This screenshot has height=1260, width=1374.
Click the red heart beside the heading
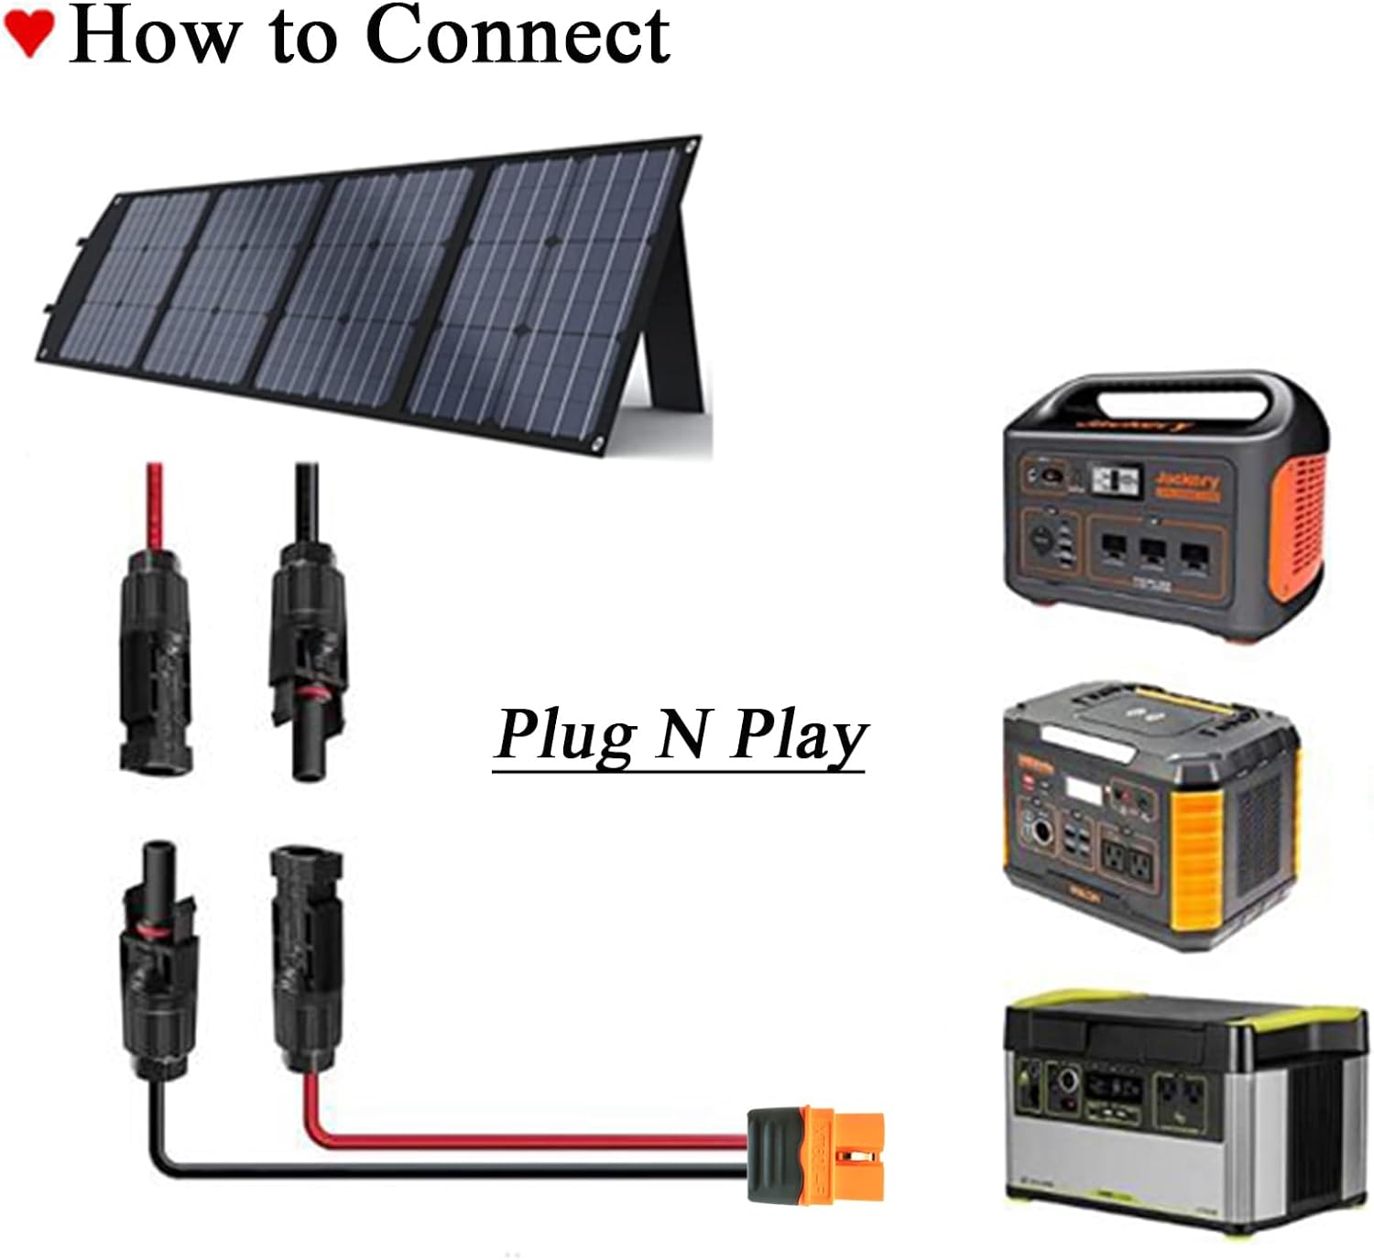(28, 34)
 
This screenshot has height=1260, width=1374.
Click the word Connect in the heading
(518, 37)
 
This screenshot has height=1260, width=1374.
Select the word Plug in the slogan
(563, 735)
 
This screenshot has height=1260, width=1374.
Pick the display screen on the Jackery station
(1118, 480)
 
